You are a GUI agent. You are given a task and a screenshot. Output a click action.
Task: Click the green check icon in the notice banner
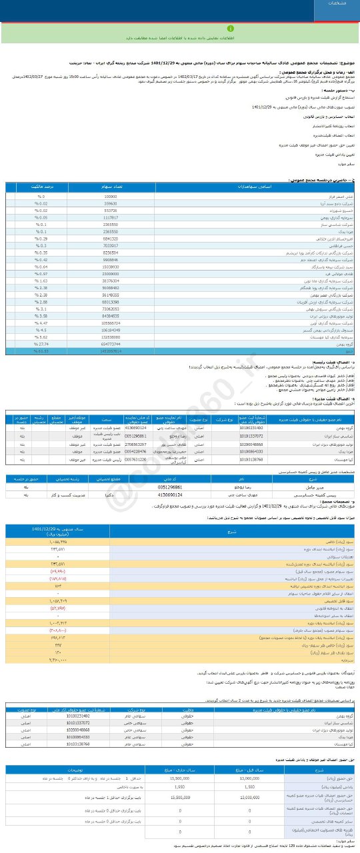(231, 29)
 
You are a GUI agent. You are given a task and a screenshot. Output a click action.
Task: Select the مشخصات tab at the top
(336, 4)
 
